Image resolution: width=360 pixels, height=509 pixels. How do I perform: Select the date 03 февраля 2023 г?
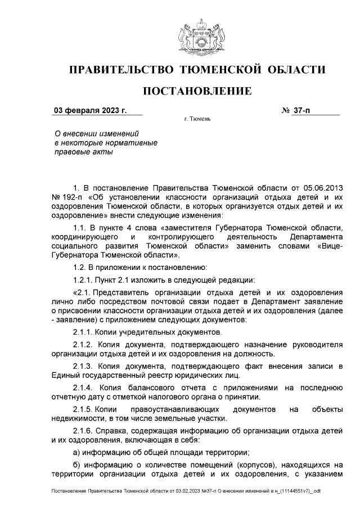pyautogui.click(x=90, y=110)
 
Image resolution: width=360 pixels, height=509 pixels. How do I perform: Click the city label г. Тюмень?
pyautogui.click(x=197, y=120)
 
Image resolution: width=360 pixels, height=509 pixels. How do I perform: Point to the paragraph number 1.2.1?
pyautogui.click(x=83, y=280)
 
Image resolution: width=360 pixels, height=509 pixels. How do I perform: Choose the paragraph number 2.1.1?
pyautogui.click(x=83, y=332)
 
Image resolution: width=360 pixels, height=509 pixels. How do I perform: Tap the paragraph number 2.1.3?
pyautogui.click(x=83, y=366)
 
